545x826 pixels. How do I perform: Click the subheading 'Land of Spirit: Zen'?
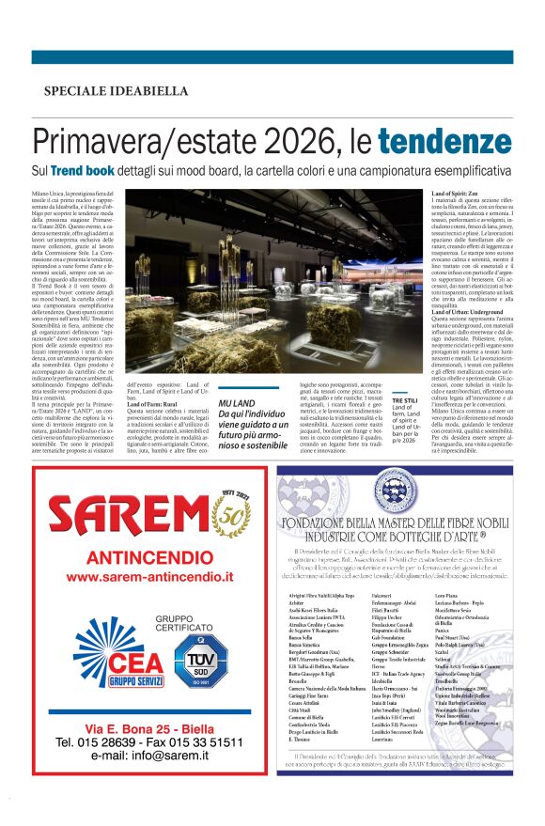(449, 193)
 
